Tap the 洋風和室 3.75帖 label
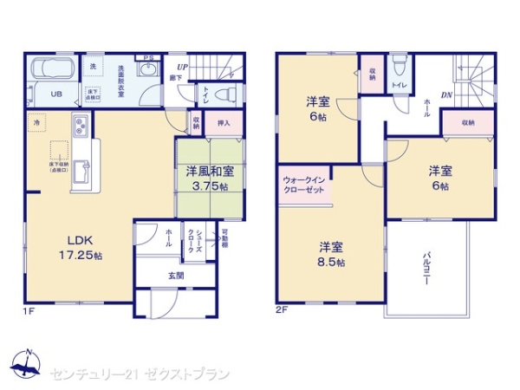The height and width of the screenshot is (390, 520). tap(205, 179)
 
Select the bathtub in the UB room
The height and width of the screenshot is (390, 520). tap(54, 70)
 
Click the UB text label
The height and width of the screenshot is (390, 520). tap(54, 94)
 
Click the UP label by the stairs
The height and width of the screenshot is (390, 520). tap(183, 67)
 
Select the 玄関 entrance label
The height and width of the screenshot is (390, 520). tap(176, 276)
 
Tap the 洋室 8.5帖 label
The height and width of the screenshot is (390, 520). tap(330, 255)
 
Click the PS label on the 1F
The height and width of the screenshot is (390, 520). tap(149, 58)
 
